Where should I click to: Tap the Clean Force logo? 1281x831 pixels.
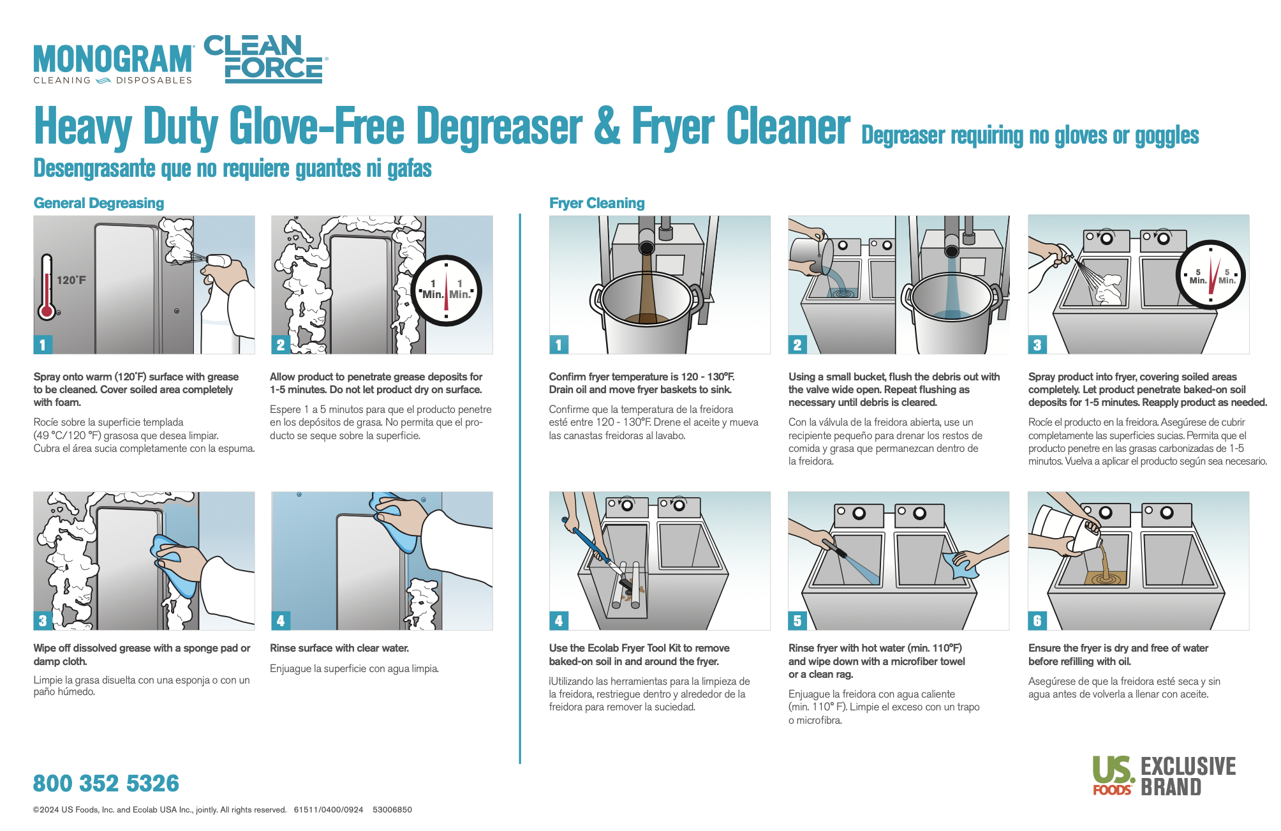pos(265,59)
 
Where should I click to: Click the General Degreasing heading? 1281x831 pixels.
pos(99,203)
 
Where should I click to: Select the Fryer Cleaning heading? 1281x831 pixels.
pos(596,203)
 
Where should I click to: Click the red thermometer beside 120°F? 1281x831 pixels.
pos(47,287)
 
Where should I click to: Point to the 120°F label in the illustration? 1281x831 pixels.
pos(71,280)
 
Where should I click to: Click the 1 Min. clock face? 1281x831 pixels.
pos(446,291)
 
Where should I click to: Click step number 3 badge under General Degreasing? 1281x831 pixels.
pos(43,620)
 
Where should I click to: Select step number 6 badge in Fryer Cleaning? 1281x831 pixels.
pos(1037,620)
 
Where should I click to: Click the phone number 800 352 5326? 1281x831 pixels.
pos(106,783)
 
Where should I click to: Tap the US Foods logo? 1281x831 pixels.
pos(1113,775)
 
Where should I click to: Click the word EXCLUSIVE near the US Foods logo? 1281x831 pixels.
pos(1188,767)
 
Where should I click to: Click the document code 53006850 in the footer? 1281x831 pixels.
pos(392,810)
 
